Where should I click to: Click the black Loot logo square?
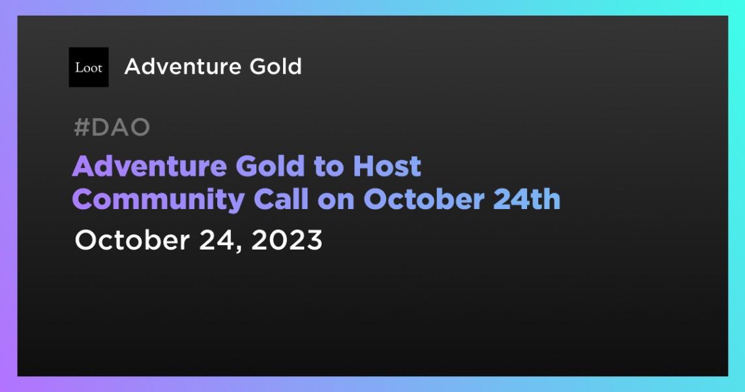pos(89,67)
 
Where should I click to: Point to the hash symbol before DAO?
pos(82,128)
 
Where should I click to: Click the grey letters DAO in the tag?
pos(121,128)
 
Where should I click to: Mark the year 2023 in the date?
pos(286,240)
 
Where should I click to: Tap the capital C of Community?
pos(83,200)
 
